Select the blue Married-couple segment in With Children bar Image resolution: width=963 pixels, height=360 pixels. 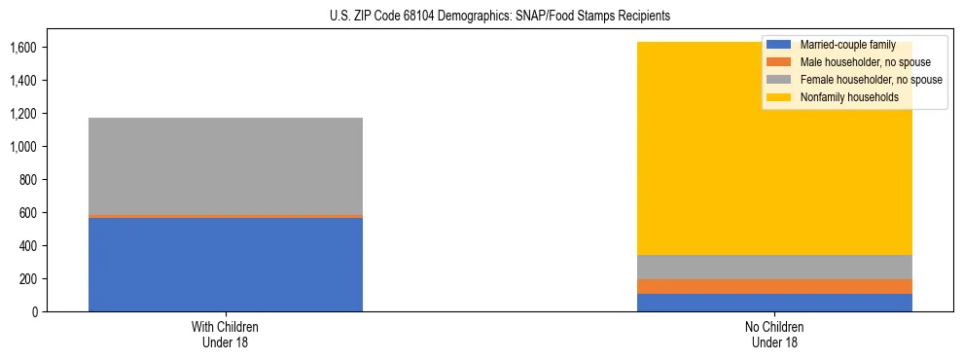click(x=226, y=264)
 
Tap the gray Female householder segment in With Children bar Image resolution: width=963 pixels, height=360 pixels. click(x=226, y=165)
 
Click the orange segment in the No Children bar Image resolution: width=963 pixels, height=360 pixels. click(x=774, y=286)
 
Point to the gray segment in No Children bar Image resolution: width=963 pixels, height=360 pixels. click(x=774, y=267)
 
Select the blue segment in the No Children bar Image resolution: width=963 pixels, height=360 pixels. click(x=774, y=303)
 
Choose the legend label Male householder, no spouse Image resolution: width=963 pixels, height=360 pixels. click(x=865, y=62)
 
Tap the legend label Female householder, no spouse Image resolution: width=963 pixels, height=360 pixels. click(x=871, y=80)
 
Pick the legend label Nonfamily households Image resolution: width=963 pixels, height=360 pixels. click(x=849, y=97)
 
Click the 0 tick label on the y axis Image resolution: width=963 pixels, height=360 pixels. click(x=34, y=311)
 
